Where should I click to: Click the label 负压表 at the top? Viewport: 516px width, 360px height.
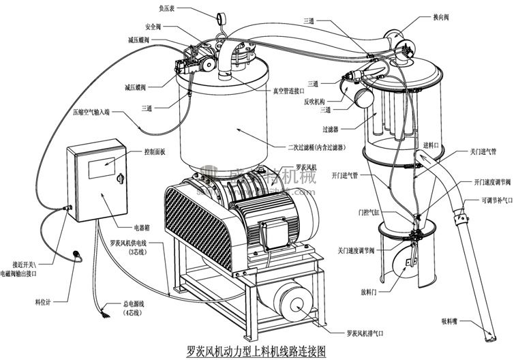tap(168, 9)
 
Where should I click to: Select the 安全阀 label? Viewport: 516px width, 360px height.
tap(153, 27)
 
